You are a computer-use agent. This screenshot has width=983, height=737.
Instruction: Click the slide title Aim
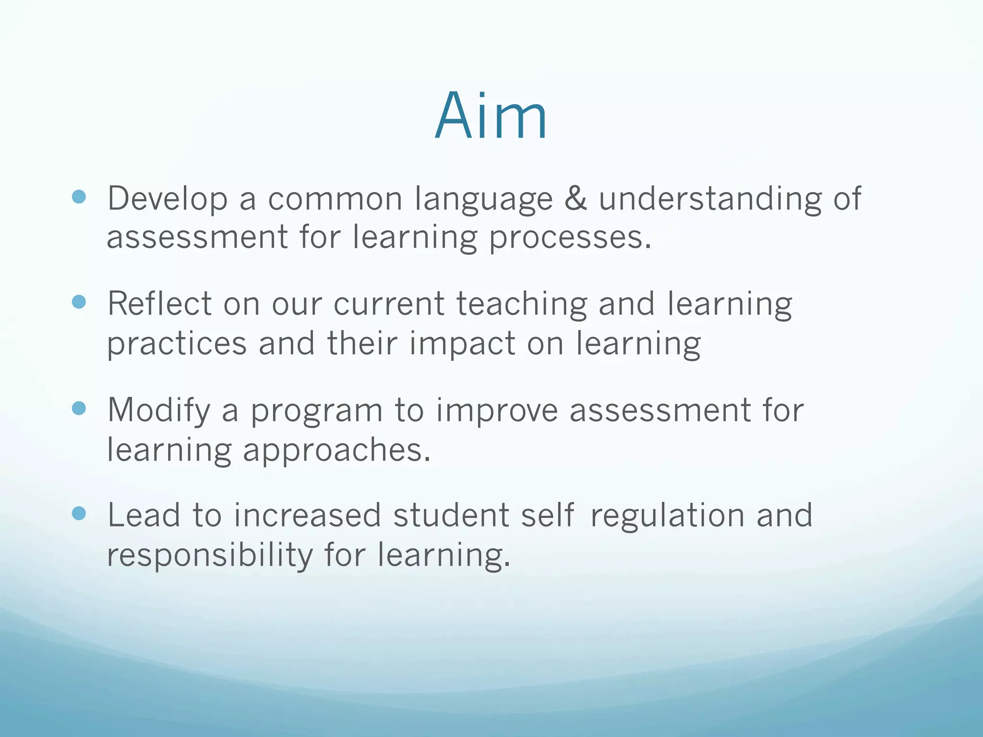pyautogui.click(x=491, y=116)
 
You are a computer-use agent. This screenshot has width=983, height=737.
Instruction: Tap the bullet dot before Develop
pyautogui.click(x=79, y=197)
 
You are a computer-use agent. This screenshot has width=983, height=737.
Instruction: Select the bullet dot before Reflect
pyautogui.click(x=79, y=302)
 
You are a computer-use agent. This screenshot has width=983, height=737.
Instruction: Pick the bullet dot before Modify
pyautogui.click(x=79, y=408)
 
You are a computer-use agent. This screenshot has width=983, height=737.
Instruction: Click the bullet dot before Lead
pyautogui.click(x=79, y=514)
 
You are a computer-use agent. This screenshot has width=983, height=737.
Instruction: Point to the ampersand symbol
pyautogui.click(x=575, y=198)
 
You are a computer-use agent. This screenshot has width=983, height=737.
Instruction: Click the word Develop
pyautogui.click(x=168, y=199)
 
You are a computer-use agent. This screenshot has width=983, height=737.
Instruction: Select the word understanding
pyautogui.click(x=709, y=199)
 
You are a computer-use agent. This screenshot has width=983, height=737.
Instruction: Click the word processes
pyautogui.click(x=570, y=238)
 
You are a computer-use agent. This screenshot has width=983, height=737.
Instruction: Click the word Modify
pyautogui.click(x=159, y=411)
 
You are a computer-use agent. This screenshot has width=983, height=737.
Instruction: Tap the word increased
pyautogui.click(x=307, y=515)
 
